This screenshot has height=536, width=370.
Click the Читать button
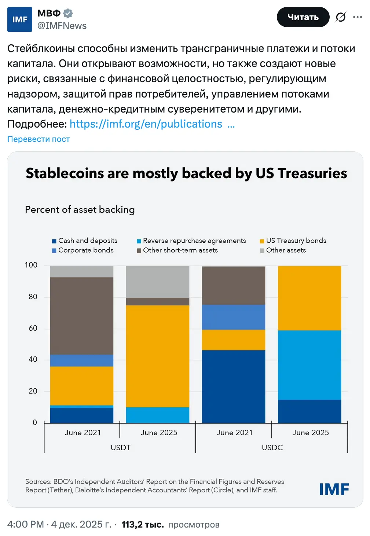click(x=303, y=17)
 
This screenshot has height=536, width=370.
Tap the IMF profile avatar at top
click(x=20, y=19)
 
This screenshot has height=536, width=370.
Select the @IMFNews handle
click(x=62, y=26)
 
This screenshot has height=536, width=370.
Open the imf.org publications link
click(x=146, y=124)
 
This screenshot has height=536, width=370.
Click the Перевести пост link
click(x=39, y=139)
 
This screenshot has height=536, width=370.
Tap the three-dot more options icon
click(x=357, y=17)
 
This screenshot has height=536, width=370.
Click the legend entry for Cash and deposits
click(x=85, y=241)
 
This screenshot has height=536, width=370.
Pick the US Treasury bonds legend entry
click(x=293, y=241)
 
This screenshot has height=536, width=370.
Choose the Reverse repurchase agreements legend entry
click(x=191, y=241)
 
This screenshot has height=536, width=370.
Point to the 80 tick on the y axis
click(x=33, y=297)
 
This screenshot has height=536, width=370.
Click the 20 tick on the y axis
click(x=33, y=391)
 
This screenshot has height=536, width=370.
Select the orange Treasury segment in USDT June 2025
click(x=158, y=356)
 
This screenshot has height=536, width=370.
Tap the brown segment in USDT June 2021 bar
click(x=81, y=315)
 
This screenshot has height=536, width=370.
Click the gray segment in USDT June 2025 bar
click(x=158, y=282)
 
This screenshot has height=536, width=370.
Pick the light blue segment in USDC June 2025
click(x=309, y=365)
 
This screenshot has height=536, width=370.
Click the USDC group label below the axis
click(x=272, y=448)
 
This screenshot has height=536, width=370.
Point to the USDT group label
click(x=121, y=448)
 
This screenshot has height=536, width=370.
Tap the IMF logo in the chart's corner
click(x=334, y=489)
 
